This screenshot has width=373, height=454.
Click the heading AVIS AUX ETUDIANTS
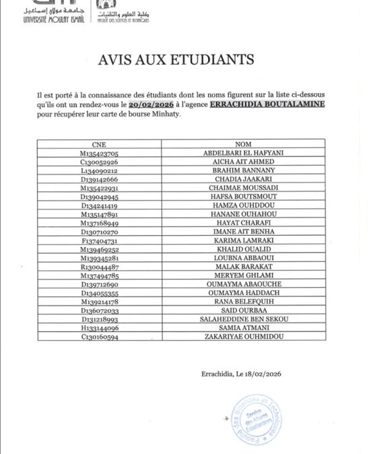186,59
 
